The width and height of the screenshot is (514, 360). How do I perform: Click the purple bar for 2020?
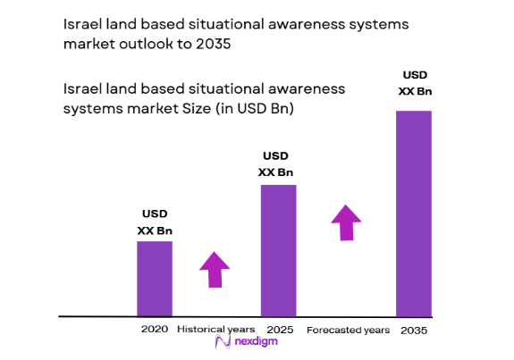click(x=155, y=279)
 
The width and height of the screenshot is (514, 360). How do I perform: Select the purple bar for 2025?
click(x=278, y=250)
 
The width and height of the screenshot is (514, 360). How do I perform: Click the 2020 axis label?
click(x=155, y=330)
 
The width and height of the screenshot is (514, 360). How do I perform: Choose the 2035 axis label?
click(x=414, y=331)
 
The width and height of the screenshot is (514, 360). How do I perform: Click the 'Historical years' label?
click(x=215, y=330)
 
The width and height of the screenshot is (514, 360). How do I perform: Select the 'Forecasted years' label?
click(x=348, y=331)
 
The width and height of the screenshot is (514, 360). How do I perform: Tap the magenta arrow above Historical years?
click(x=215, y=269)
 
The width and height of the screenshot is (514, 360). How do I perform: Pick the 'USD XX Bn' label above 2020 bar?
click(x=155, y=222)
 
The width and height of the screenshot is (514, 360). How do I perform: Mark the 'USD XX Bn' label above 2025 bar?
click(x=276, y=164)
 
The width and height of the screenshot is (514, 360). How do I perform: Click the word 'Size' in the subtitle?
click(x=181, y=109)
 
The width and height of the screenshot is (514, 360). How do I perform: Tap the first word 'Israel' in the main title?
click(x=83, y=24)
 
